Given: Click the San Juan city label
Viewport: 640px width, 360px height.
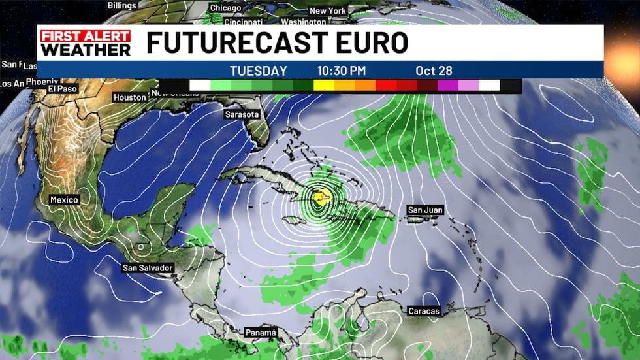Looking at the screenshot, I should coord(425,210).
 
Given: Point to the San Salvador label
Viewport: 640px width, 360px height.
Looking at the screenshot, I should coord(148,268).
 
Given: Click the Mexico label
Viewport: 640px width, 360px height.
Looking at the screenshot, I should coord(64,199).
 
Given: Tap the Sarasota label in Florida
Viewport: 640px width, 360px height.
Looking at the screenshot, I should coord(242,114).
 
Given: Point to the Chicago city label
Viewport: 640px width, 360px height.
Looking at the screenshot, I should coord(226,8).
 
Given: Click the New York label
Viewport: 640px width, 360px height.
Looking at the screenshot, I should coord(327,11).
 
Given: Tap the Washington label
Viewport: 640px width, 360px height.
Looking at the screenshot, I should coord(303,22).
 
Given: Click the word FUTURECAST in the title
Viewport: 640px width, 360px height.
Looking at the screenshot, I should coord(237,42).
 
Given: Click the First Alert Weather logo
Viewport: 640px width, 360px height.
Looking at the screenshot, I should coord(86,43).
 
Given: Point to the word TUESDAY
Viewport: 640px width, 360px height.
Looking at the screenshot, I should coord(258,71).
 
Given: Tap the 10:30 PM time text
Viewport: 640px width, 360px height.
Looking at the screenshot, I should coord(342,71).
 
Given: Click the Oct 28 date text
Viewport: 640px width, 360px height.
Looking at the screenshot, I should coord(434,71).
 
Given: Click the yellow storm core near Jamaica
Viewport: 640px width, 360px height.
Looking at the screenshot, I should coord(319,197).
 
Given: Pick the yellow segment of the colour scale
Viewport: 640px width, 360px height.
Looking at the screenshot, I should coord(323,85).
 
